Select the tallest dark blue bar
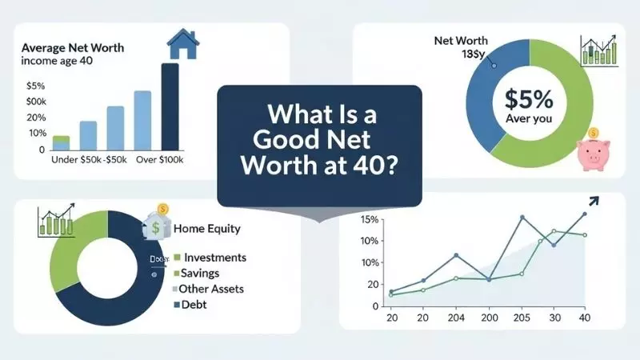click(x=170, y=106)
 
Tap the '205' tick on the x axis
click(x=522, y=318)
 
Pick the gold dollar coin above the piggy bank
click(x=593, y=133)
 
